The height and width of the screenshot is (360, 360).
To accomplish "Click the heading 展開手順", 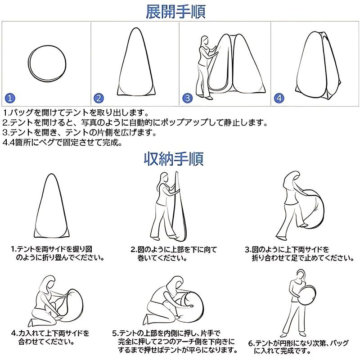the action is (x=175, y=12).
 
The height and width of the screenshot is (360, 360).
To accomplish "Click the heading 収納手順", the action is (x=174, y=159).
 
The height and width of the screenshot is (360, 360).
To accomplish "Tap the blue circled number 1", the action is (x=10, y=98).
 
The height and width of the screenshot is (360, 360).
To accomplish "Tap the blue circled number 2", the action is (x=99, y=98).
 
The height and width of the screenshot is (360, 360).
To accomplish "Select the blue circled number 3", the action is (x=188, y=98).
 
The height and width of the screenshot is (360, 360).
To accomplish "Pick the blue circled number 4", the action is (x=279, y=98).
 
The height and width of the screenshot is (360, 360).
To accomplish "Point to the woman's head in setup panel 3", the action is (x=205, y=41).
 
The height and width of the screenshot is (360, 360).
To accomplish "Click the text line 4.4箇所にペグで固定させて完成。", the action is (x=62, y=143).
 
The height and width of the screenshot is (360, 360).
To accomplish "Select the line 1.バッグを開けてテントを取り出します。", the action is (x=76, y=112).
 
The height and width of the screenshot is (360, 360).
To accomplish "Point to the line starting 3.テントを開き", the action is (x=80, y=132).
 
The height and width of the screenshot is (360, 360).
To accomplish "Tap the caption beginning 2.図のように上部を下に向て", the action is (x=174, y=254).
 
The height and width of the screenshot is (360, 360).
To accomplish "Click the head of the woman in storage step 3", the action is (x=291, y=178).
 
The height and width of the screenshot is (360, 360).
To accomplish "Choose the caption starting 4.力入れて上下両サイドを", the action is (x=50, y=337).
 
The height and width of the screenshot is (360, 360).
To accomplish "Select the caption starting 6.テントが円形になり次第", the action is (x=298, y=346).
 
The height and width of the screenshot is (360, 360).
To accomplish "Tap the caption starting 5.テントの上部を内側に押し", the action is (x=175, y=342).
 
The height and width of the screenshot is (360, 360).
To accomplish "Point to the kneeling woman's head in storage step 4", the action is (x=48, y=283).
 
